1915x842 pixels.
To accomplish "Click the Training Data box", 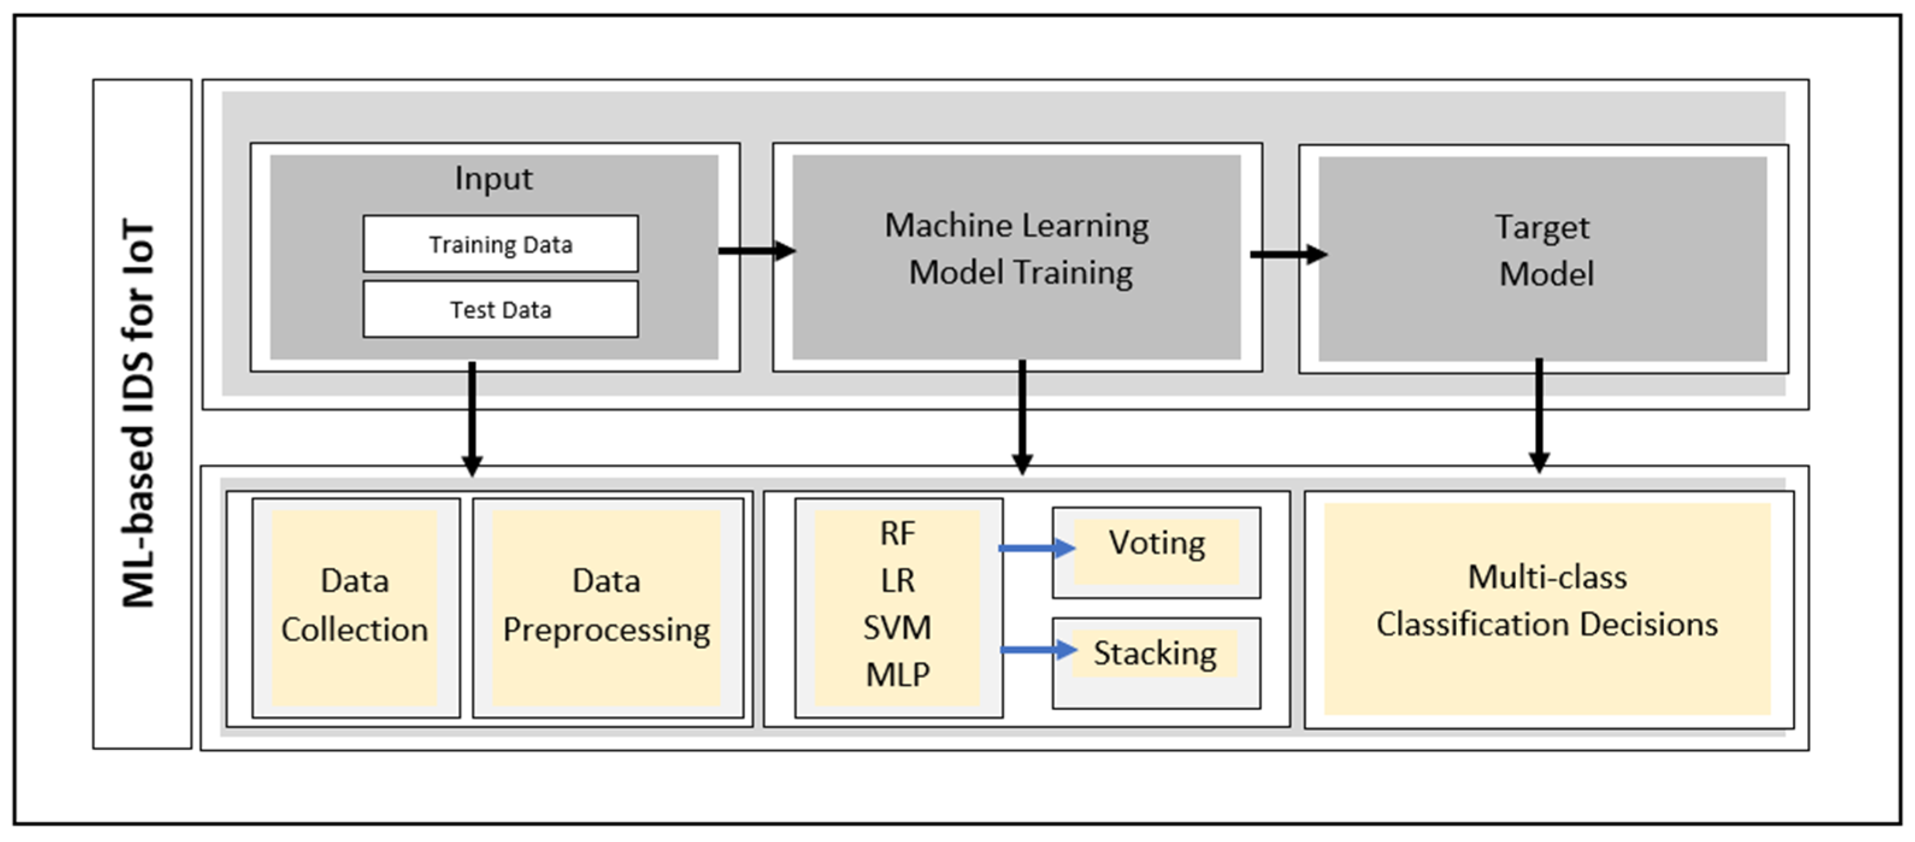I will click(x=500, y=244).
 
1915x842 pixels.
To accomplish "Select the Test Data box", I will click(x=500, y=309).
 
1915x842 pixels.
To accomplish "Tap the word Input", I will click(x=494, y=178).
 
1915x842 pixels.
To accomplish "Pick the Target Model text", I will click(x=1544, y=250).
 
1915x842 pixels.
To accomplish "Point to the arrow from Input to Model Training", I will click(x=756, y=250).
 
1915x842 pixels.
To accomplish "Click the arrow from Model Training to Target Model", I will click(x=1288, y=254).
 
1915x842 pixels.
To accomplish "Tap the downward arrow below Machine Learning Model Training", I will click(x=1022, y=416).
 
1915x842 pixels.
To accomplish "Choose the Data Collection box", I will click(x=355, y=605).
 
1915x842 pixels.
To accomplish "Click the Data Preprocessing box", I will click(x=607, y=605).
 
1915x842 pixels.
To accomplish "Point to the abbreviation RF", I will click(x=897, y=534).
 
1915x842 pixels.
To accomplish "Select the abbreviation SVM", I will click(x=897, y=628).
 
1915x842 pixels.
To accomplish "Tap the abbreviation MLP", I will click(x=897, y=675).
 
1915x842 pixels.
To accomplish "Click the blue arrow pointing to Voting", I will click(x=1036, y=548).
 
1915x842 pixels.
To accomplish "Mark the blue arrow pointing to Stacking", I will click(x=1038, y=649).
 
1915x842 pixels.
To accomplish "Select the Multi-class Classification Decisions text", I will click(x=1547, y=601).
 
